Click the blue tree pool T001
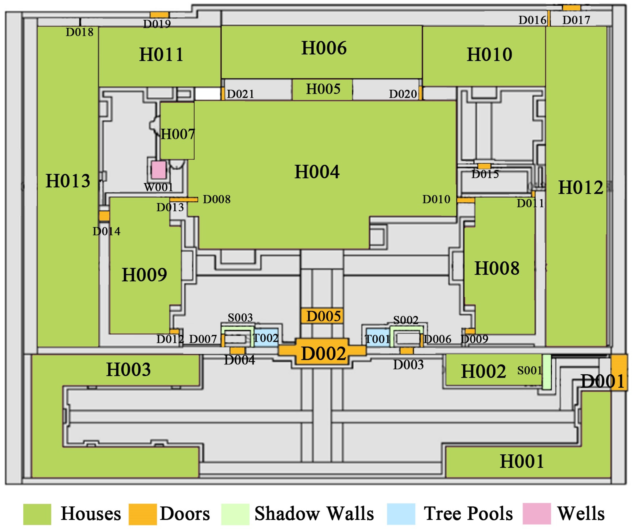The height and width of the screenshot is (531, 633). tap(378, 338)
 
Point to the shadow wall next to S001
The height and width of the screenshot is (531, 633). tap(546, 372)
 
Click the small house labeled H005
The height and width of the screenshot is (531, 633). tap(322, 89)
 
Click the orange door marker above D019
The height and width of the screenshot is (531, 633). tap(159, 15)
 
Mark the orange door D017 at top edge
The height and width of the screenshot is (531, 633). tap(572, 8)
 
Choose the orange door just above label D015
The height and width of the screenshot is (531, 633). tap(484, 166)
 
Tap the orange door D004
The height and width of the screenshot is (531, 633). tap(237, 350)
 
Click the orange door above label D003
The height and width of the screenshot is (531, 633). tap(407, 351)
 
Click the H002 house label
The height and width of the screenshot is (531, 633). tap(483, 371)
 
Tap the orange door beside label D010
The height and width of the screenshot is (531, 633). tap(466, 201)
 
